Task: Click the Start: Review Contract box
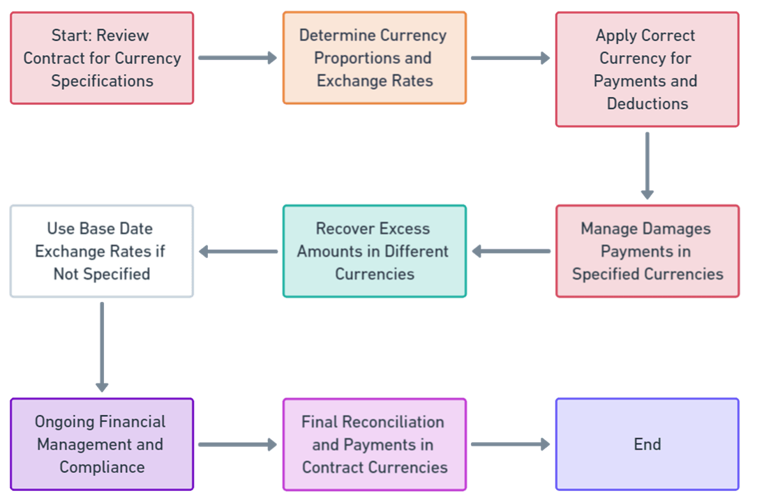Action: [x=102, y=59]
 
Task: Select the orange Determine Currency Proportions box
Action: [x=375, y=59]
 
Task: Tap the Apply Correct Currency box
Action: [x=647, y=70]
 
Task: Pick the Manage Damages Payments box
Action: [x=647, y=251]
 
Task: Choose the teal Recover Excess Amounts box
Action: [x=375, y=251]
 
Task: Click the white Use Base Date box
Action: [x=102, y=251]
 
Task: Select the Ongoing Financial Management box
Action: [x=102, y=444]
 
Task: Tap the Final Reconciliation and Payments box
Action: [x=375, y=444]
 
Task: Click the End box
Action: [x=647, y=444]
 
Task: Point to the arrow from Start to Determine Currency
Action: [x=238, y=59]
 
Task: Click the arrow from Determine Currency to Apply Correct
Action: [x=511, y=59]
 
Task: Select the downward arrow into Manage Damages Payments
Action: [x=647, y=166]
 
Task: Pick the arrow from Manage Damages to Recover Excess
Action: [x=511, y=251]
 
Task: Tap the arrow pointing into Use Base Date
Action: [x=238, y=251]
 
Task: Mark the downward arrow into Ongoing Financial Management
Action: [x=102, y=347]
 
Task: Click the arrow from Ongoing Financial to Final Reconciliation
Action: [x=238, y=444]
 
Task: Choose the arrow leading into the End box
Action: [x=511, y=444]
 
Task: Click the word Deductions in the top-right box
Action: [x=647, y=104]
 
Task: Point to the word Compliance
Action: [x=102, y=467]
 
